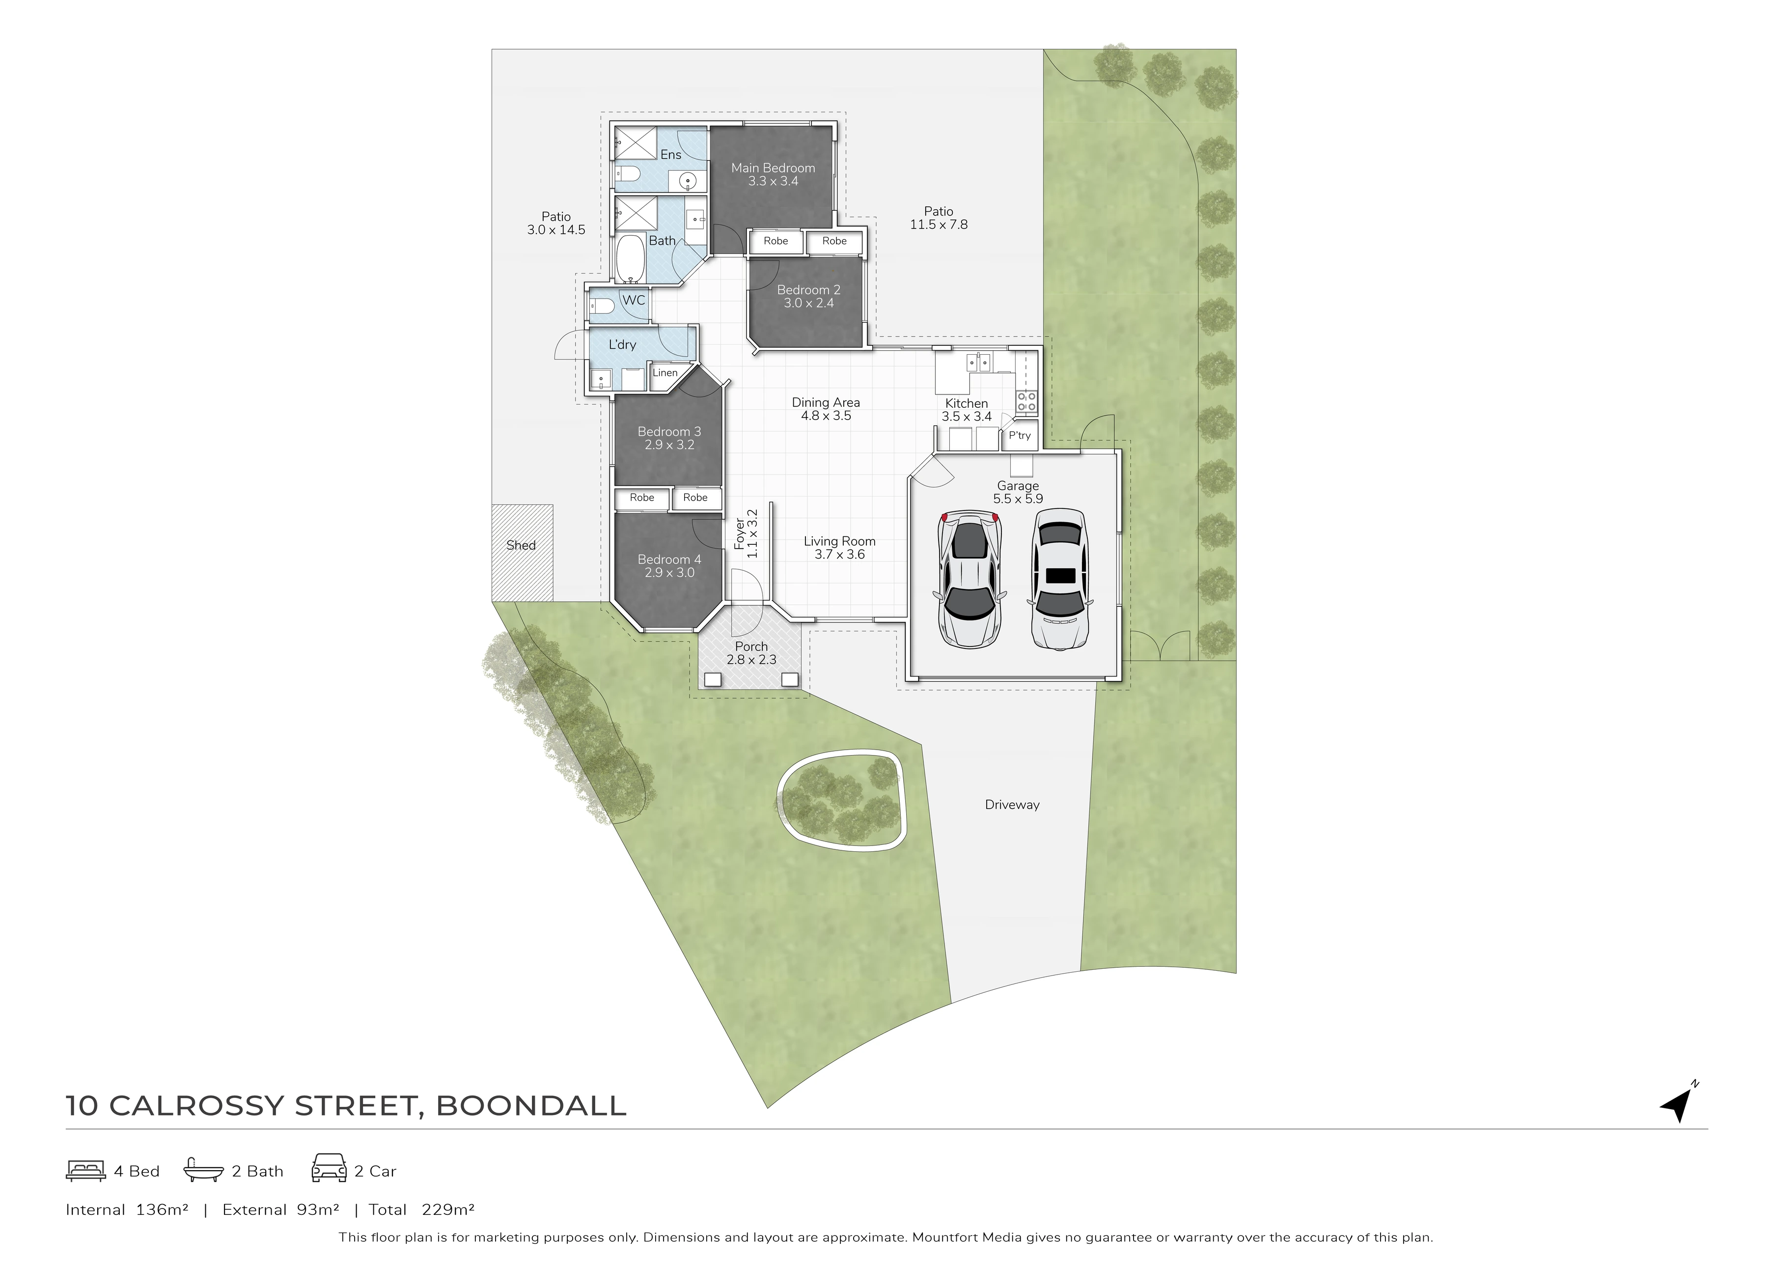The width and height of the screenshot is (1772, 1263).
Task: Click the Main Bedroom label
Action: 773,168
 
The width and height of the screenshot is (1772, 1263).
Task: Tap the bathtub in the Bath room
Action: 631,258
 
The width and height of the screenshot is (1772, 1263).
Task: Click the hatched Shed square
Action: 522,553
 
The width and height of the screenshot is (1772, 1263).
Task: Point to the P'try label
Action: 1020,436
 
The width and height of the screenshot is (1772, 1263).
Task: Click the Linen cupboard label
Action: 665,372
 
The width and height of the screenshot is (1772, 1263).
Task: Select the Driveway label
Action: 1012,805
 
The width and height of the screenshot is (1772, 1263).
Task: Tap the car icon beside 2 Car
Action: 329,1168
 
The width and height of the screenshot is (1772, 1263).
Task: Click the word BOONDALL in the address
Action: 531,1105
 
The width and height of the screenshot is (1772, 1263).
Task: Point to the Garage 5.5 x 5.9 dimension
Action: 1018,499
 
